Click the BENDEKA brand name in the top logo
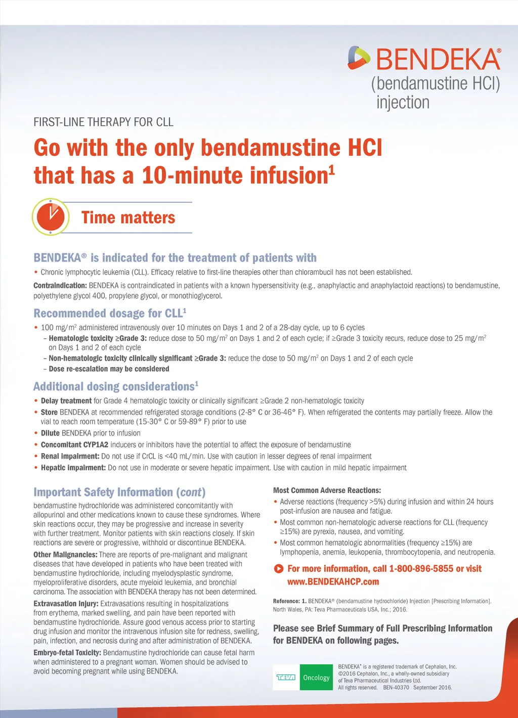(x=438, y=60)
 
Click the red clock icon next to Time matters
(x=51, y=217)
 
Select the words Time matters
(x=128, y=217)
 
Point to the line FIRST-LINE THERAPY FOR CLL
(x=103, y=122)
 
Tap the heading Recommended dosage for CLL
(x=110, y=313)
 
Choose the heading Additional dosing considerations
(x=115, y=387)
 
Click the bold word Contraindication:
(x=60, y=286)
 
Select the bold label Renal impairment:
(x=70, y=456)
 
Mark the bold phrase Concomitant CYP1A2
(x=74, y=444)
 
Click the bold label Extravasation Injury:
(x=66, y=604)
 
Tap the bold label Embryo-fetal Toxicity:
(x=67, y=653)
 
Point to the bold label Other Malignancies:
(x=65, y=555)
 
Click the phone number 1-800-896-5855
(x=421, y=569)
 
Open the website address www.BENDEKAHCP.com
(x=333, y=582)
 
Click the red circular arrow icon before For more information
(x=278, y=569)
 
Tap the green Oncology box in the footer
(x=316, y=678)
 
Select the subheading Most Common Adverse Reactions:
(x=327, y=490)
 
